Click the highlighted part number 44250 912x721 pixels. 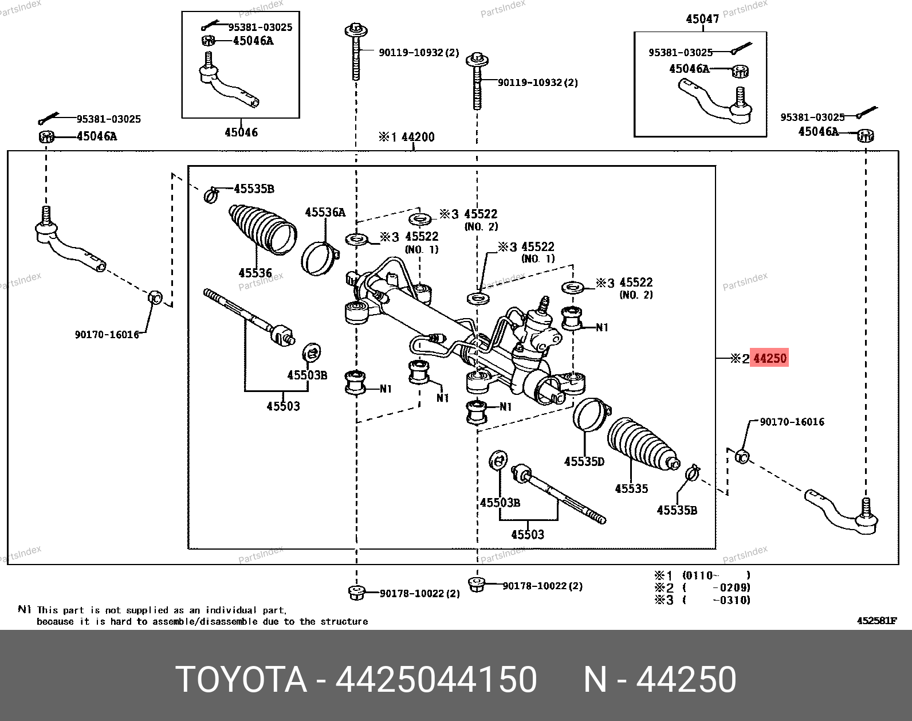(x=769, y=358)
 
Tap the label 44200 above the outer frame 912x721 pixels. (x=418, y=137)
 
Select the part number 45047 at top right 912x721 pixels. (x=702, y=19)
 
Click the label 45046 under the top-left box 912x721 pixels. (x=241, y=132)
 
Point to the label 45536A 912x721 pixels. (x=325, y=213)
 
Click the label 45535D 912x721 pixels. (x=584, y=461)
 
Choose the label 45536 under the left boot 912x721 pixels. (x=255, y=273)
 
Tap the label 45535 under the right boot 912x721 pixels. (x=631, y=489)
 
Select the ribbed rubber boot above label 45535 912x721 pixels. (x=642, y=444)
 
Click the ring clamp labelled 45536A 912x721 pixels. (x=318, y=258)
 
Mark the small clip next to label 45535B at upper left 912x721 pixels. (x=211, y=195)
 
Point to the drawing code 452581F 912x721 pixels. (x=876, y=621)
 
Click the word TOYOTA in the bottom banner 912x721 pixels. (x=241, y=680)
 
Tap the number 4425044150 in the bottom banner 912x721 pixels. (x=436, y=680)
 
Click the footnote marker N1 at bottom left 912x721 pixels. (x=24, y=610)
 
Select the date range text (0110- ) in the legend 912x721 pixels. (x=716, y=575)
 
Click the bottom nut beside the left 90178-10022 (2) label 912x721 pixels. (x=356, y=592)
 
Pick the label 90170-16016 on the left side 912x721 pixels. (x=107, y=335)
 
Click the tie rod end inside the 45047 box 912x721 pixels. (x=716, y=102)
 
